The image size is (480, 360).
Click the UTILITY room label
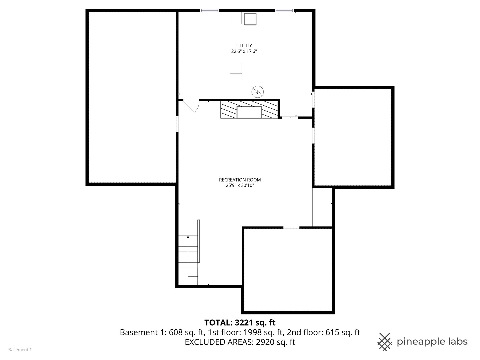coord(244,46)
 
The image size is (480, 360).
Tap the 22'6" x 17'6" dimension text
coord(244,52)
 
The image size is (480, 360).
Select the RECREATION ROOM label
coord(240,180)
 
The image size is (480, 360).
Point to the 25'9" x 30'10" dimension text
coord(240,186)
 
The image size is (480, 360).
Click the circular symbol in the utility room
coord(257,91)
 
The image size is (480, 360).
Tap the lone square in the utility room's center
coord(236,68)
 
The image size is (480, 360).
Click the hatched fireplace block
coord(249,110)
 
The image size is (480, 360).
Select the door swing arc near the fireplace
coord(192,106)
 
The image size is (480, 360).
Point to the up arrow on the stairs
coord(188,237)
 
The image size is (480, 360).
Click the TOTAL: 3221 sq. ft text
coord(240,322)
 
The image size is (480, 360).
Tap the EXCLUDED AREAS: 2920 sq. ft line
coord(240,342)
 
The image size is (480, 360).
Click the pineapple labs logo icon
coord(385,342)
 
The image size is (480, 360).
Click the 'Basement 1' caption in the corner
coord(20,350)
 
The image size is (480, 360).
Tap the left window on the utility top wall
coord(210,11)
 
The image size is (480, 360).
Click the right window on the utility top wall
coord(284,11)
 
